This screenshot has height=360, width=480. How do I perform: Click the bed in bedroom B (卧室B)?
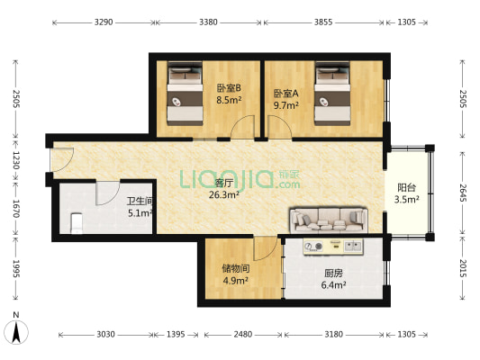[186, 94]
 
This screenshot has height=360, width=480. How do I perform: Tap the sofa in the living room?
[328, 219]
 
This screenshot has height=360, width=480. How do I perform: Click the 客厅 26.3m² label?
[222, 188]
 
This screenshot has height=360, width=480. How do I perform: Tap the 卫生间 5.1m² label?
[140, 208]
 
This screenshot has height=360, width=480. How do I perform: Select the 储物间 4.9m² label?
[235, 274]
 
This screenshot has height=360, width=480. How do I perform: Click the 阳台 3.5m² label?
[407, 193]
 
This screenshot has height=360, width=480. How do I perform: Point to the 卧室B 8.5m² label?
[228, 94]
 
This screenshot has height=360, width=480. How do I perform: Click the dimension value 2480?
[240, 334]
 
